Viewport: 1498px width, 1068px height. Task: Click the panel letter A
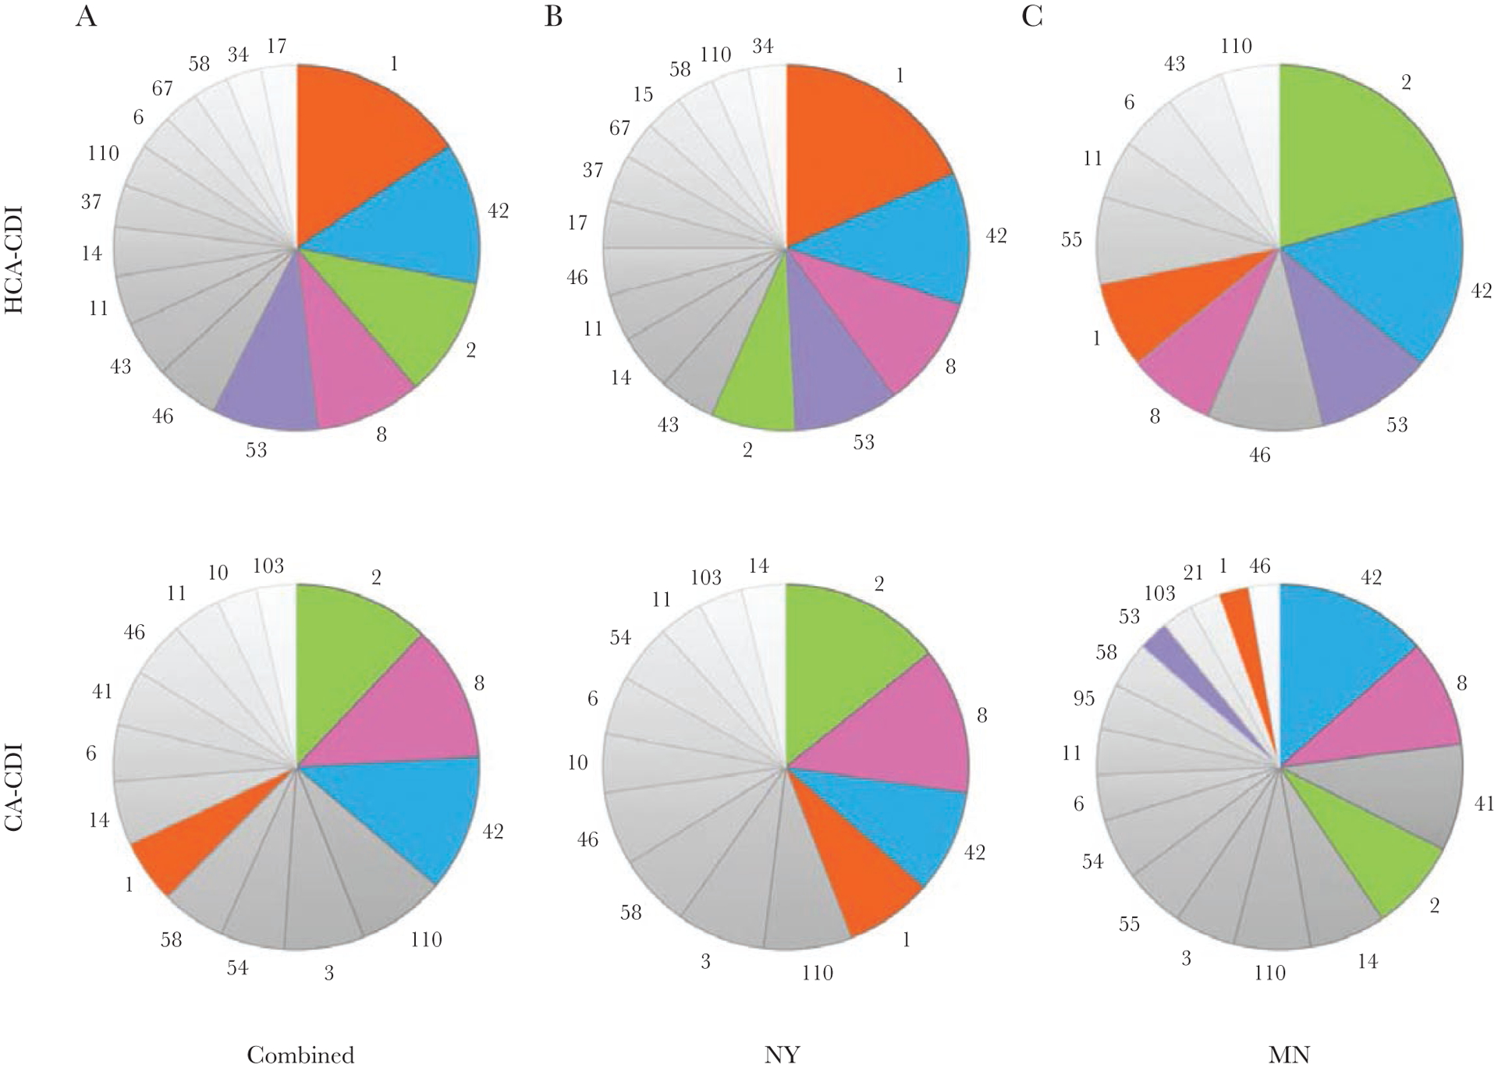(87, 16)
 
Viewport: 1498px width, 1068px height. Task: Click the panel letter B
(553, 16)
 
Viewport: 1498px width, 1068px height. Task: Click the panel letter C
(1031, 16)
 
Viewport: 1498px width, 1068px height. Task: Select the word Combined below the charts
(300, 1055)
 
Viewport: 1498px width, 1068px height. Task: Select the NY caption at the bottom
(783, 1055)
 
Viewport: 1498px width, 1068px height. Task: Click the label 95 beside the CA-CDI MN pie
(1084, 698)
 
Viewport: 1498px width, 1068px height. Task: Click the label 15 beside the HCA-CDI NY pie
(642, 94)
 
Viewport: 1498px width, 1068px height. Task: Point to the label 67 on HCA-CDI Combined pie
(162, 88)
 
